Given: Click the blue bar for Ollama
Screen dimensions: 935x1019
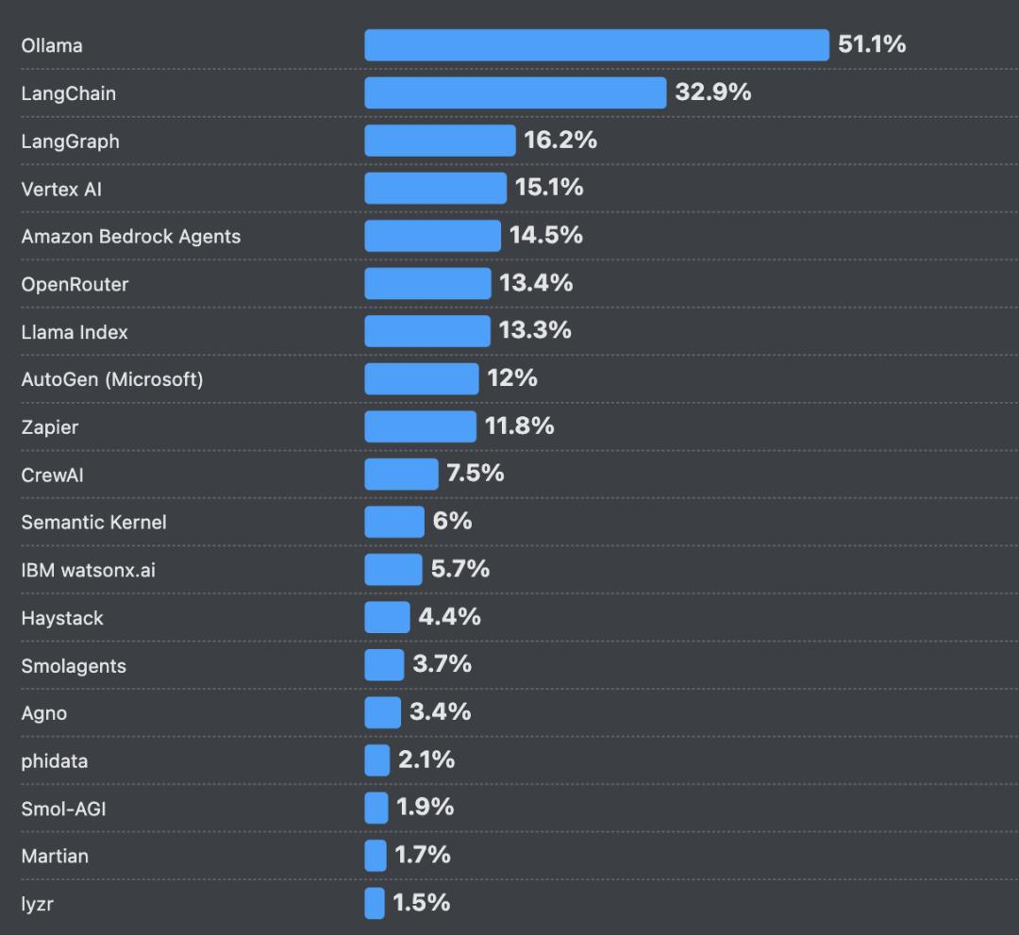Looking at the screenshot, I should (596, 45).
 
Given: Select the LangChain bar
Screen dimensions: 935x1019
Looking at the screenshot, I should (515, 92).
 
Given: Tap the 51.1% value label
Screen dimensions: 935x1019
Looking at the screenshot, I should (872, 44).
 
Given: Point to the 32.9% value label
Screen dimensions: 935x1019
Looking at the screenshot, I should (713, 92).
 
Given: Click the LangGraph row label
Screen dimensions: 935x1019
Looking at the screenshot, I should (70, 142).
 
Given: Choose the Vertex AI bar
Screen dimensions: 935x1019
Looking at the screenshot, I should (435, 188).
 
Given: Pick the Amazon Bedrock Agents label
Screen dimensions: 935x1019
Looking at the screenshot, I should (130, 237).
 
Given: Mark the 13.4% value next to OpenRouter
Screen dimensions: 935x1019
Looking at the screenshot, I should (536, 283).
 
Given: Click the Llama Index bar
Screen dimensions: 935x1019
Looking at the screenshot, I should (427, 331).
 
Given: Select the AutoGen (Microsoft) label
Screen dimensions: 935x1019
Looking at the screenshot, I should (111, 379).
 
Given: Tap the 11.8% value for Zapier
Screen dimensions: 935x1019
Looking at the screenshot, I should (519, 426).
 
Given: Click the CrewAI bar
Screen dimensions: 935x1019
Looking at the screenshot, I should (401, 474).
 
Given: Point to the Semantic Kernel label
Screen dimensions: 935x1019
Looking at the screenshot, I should (93, 522).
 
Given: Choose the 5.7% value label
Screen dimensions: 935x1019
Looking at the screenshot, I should (460, 569).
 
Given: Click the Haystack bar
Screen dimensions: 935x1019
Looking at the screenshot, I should (387, 617).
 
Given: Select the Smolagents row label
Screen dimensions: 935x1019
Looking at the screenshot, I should (74, 665).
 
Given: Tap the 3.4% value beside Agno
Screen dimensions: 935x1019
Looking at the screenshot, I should (440, 711).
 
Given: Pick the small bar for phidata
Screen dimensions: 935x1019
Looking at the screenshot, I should (376, 760).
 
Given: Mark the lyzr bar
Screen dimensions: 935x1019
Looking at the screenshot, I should (375, 903).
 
